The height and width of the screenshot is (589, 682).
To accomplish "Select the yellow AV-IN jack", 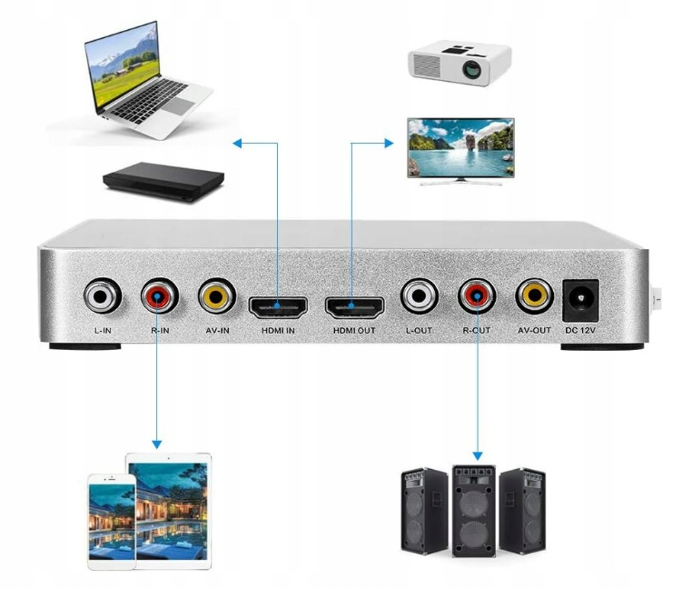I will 217,296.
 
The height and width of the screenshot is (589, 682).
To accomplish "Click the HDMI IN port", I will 276,304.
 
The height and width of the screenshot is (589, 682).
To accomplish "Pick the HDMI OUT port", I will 353,304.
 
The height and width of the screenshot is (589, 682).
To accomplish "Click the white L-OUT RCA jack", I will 418,295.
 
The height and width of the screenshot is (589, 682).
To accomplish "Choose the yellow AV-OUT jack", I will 534,295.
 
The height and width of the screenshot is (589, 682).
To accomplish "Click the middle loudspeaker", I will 474,511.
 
